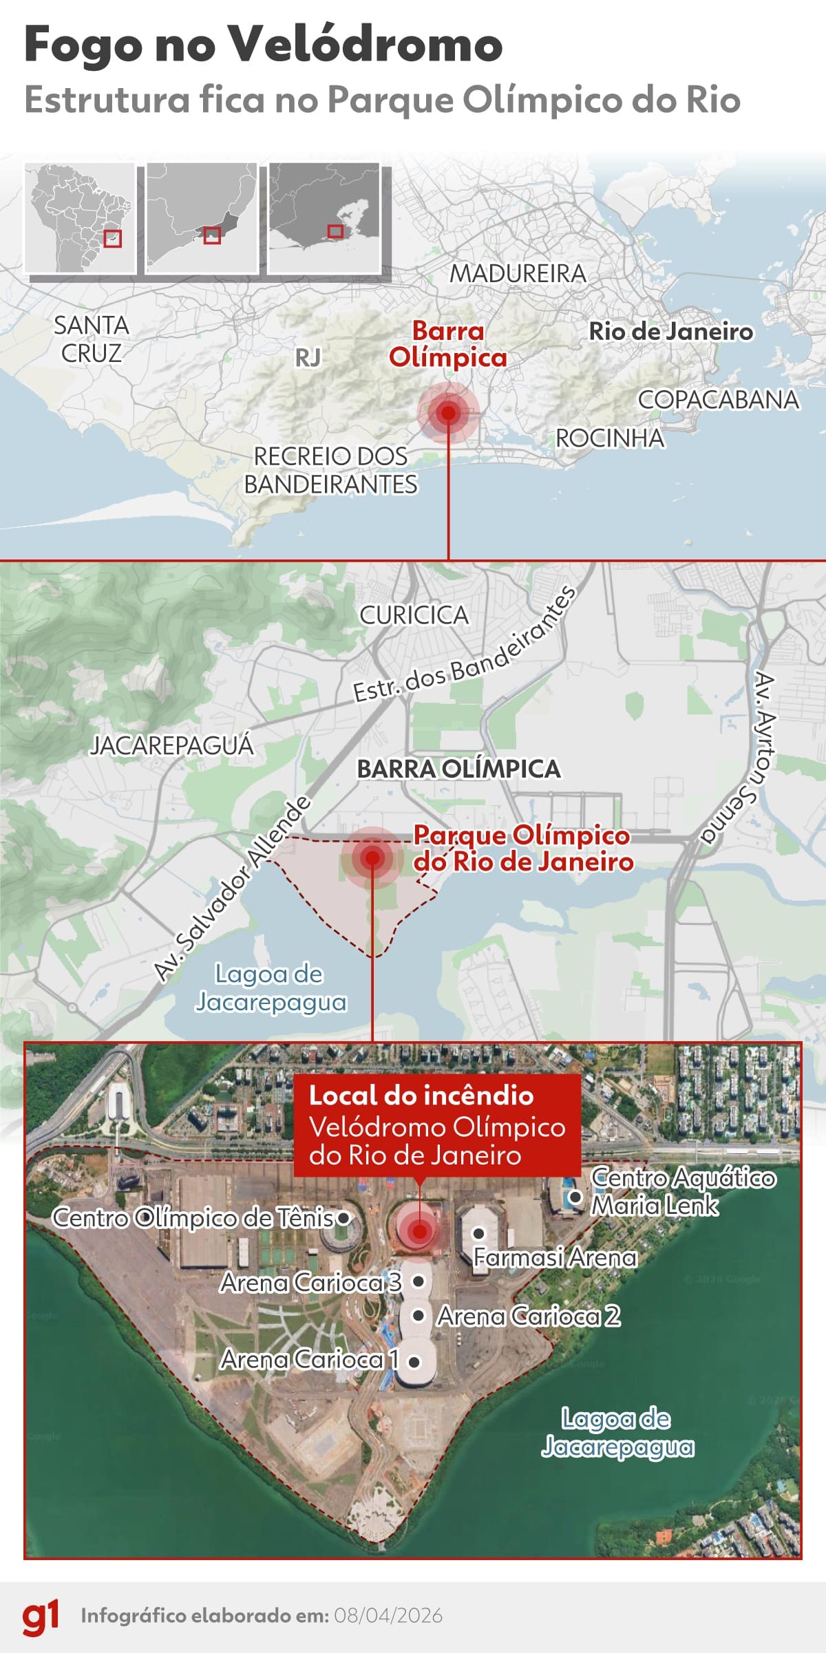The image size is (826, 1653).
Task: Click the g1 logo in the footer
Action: (41, 1615)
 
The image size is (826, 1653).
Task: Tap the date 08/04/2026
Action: (388, 1616)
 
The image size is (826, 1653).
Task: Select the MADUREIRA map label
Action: (518, 273)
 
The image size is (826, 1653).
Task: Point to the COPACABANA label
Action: (718, 399)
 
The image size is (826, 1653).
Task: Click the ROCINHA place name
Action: (610, 438)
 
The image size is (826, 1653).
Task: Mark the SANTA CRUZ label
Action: (92, 339)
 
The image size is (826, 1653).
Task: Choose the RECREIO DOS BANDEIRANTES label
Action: (330, 470)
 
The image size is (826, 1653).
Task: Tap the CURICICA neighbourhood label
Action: (414, 615)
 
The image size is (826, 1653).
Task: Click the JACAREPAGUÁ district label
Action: (172, 745)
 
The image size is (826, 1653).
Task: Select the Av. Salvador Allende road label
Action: (233, 888)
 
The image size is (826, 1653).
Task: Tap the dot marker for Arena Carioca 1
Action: (414, 1361)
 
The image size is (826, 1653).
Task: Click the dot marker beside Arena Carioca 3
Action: (418, 1281)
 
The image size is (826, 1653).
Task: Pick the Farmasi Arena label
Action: (555, 1257)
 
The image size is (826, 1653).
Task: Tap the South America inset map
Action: (80, 217)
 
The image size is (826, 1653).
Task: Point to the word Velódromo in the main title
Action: (366, 45)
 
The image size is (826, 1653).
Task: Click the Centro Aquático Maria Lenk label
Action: (681, 1191)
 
